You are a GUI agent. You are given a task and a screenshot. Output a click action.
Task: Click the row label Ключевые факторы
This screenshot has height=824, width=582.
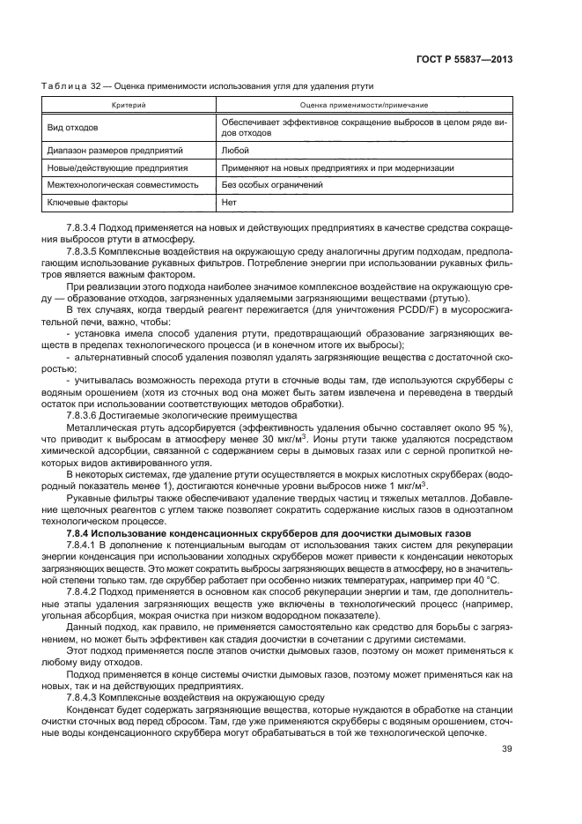click(x=87, y=203)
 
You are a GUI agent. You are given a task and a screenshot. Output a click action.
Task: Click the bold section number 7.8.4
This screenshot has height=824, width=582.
click(x=82, y=533)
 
